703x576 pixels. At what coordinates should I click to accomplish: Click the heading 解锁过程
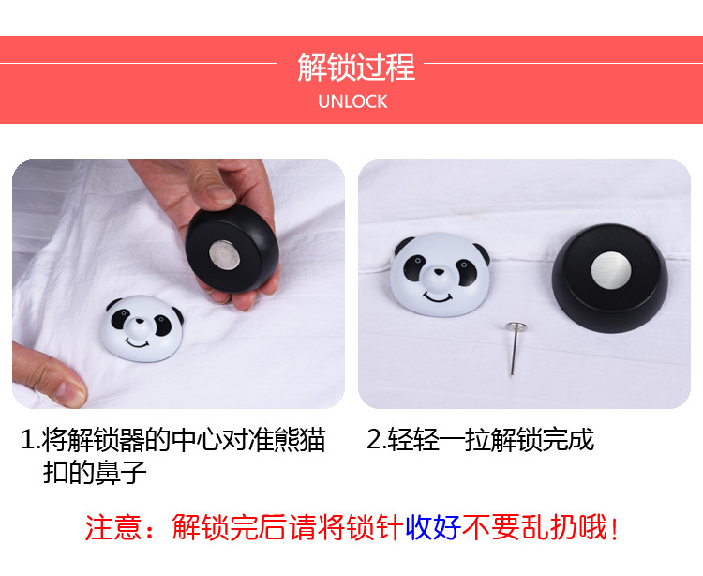pyautogui.click(x=355, y=68)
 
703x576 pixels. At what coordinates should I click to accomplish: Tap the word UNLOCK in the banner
pyautogui.click(x=352, y=101)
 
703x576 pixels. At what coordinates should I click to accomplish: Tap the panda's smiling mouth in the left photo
pyautogui.click(x=138, y=343)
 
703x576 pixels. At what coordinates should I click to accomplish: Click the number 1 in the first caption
pyautogui.click(x=28, y=440)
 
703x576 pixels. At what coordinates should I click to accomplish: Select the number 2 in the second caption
pyautogui.click(x=375, y=440)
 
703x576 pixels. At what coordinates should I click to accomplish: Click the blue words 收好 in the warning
pyautogui.click(x=433, y=527)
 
